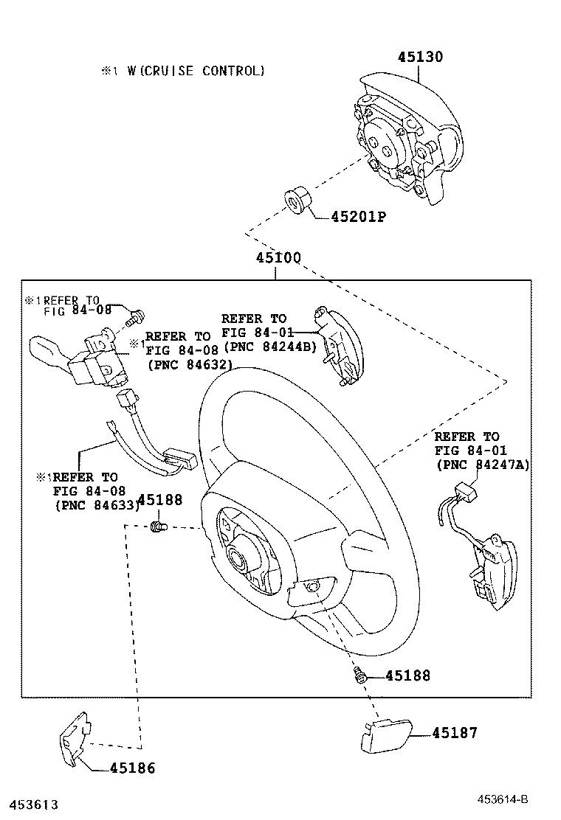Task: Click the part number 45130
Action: click(421, 57)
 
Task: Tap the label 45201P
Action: click(359, 217)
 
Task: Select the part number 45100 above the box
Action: click(278, 259)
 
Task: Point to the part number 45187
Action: click(455, 733)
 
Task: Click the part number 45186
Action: click(133, 768)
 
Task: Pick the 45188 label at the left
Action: click(160, 500)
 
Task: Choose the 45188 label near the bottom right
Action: click(407, 675)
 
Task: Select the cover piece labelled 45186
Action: click(74, 738)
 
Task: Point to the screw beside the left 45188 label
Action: click(157, 526)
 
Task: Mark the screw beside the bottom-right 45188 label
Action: click(361, 674)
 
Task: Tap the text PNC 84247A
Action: click(483, 465)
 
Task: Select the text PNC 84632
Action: click(190, 364)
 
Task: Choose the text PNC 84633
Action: click(97, 505)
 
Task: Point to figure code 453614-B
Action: click(502, 799)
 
